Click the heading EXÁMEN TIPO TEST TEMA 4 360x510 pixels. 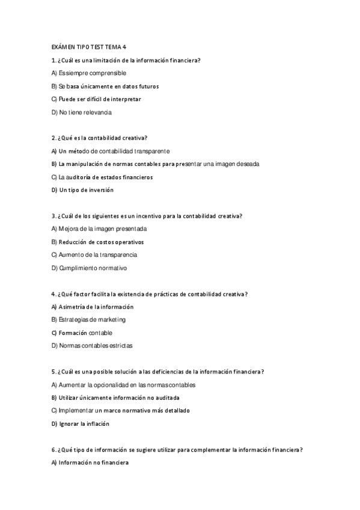click(x=88, y=47)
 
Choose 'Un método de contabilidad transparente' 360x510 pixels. click(x=111, y=151)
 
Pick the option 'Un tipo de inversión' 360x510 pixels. click(x=82, y=190)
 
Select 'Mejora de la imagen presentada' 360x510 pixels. click(x=99, y=229)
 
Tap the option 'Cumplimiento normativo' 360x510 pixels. click(x=89, y=268)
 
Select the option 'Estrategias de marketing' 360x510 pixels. click(x=88, y=320)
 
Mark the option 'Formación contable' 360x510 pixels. click(x=82, y=333)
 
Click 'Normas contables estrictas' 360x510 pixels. click(x=92, y=346)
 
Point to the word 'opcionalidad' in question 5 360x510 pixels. click(x=114, y=385)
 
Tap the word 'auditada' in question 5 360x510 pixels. click(x=168, y=398)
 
